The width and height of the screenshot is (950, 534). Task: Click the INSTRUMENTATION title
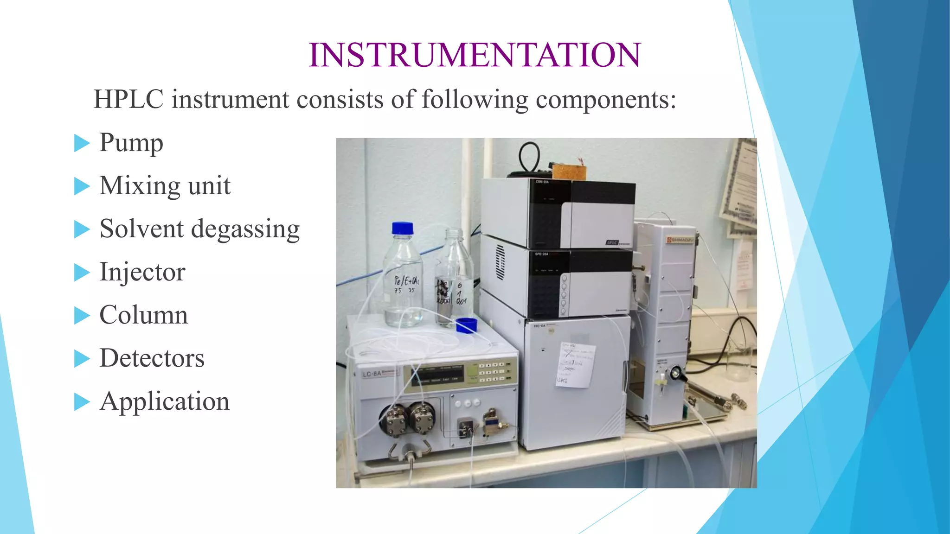(475, 55)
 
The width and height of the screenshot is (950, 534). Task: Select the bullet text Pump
(131, 142)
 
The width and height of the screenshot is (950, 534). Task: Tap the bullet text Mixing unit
(165, 185)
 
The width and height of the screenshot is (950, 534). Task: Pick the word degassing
(245, 229)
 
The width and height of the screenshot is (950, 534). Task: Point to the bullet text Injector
(142, 272)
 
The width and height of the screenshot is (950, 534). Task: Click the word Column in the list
(144, 315)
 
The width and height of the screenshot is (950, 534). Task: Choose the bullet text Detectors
(152, 358)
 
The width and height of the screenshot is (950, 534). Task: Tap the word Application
(164, 401)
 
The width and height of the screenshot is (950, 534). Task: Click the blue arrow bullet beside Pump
(81, 143)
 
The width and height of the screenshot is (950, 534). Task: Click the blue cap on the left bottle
(402, 228)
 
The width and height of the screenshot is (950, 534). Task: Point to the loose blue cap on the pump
(466, 325)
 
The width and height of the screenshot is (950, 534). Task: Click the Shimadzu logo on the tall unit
(680, 240)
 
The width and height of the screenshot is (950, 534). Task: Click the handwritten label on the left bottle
(406, 284)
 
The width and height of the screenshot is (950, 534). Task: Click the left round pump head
(394, 420)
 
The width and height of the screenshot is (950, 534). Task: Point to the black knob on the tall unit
(675, 372)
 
